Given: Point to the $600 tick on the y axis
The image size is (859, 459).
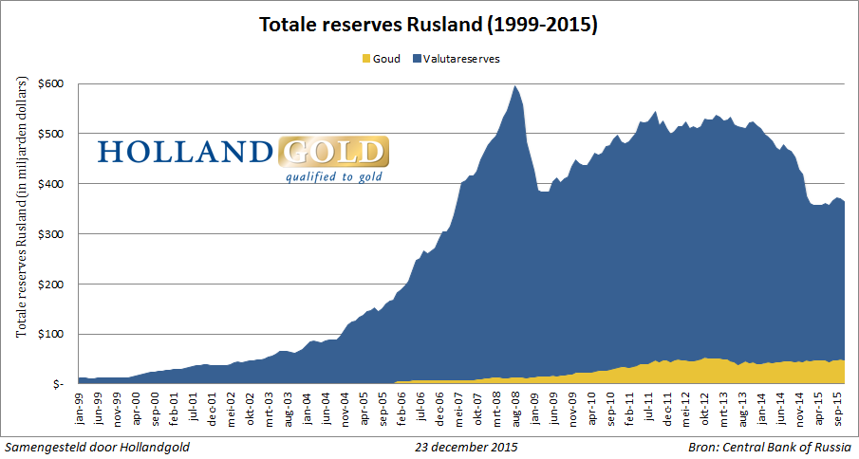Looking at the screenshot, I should [52, 83].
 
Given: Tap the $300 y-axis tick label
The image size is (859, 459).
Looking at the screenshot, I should [52, 233].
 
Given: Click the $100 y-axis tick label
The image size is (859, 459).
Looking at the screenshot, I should [52, 334].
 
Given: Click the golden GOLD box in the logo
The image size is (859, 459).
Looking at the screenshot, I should [334, 152].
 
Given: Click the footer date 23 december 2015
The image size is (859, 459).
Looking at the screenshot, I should [467, 446].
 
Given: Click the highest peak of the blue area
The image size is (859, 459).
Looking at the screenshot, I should [514, 86].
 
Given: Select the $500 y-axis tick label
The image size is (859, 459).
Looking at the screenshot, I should [52, 134].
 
